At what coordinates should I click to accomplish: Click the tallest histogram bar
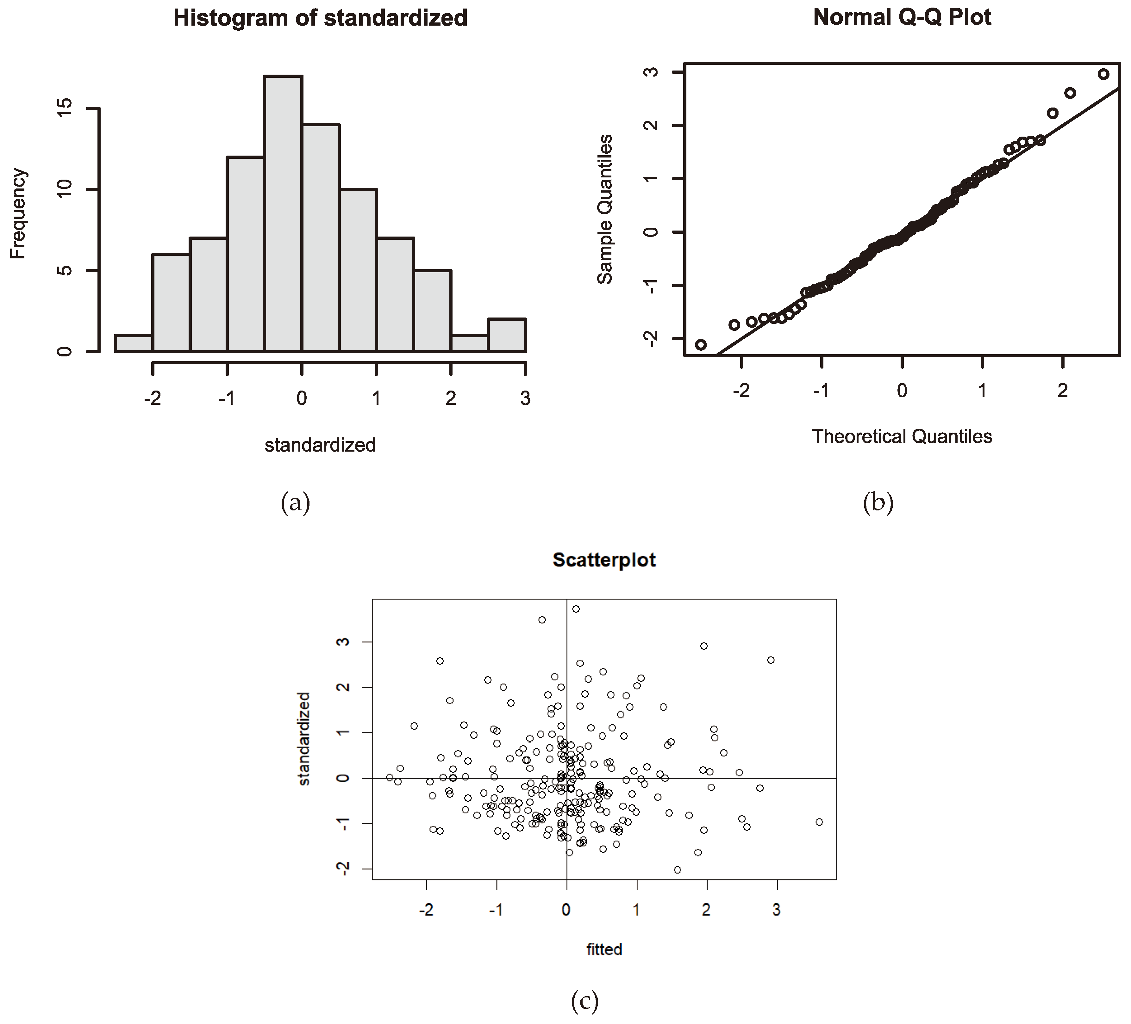click(x=283, y=213)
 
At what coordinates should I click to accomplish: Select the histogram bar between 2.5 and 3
click(x=507, y=335)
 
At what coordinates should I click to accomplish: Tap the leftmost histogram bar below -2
click(x=134, y=343)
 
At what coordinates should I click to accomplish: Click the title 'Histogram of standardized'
click(x=320, y=18)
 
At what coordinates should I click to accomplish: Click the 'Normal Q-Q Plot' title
click(x=902, y=17)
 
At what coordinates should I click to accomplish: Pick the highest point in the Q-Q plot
click(x=1103, y=74)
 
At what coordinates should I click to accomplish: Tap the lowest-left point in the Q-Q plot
click(x=701, y=344)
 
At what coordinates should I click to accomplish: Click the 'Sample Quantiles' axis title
click(x=605, y=209)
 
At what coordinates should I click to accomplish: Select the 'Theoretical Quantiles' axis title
click(x=902, y=436)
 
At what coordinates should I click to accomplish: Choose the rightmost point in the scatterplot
click(x=819, y=822)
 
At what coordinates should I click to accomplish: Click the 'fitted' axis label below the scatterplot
click(x=604, y=949)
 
